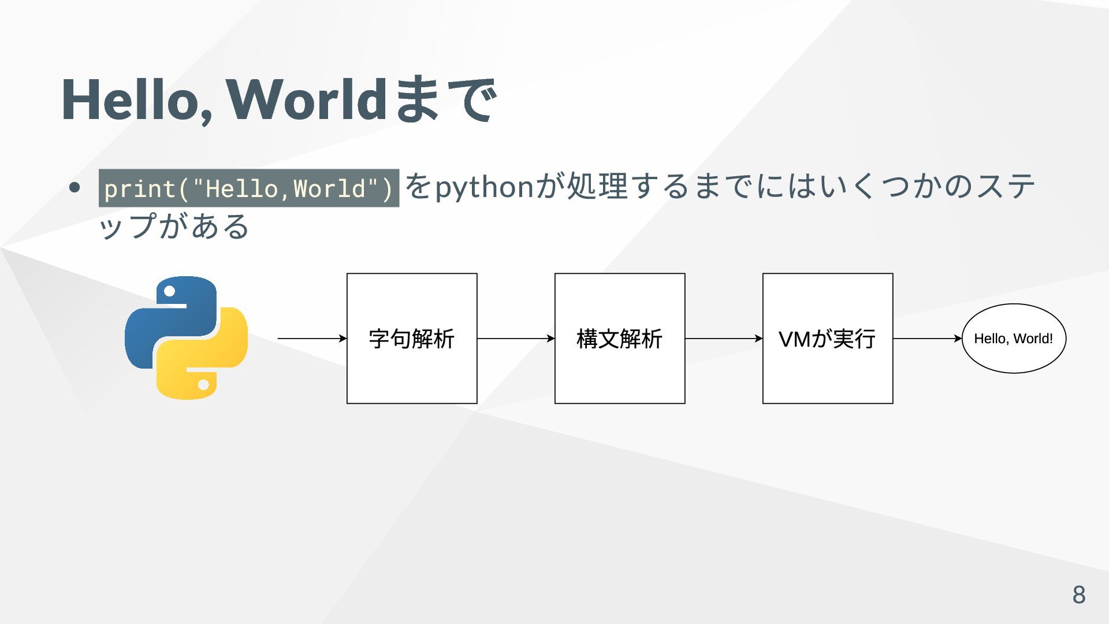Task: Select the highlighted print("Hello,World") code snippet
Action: tap(248, 188)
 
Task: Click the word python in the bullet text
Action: tap(484, 187)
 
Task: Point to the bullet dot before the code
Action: tap(74, 188)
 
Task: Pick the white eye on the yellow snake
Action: tap(203, 385)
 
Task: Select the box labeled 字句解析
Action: tap(412, 339)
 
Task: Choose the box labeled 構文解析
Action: tap(620, 339)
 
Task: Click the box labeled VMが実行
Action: tap(828, 339)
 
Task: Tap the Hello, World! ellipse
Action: tap(1014, 339)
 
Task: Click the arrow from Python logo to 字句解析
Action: tap(312, 339)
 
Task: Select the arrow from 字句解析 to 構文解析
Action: tap(516, 339)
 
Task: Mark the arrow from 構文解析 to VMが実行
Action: tap(724, 339)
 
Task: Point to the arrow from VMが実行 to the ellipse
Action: tap(928, 339)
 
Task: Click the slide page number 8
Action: tap(1078, 595)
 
